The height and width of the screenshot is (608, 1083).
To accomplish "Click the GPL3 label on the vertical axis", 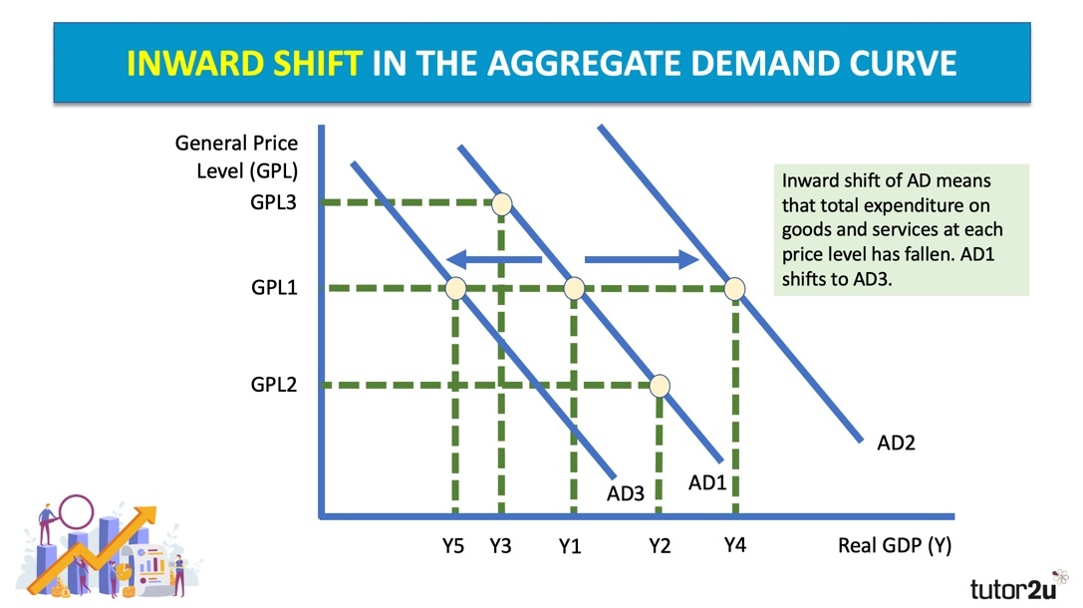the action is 274,202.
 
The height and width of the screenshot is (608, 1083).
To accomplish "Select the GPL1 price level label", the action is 274,287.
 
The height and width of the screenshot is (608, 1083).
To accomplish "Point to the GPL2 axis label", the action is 274,384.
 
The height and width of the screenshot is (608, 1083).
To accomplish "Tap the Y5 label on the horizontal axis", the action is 453,546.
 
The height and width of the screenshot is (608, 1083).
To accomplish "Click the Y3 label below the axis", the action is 500,546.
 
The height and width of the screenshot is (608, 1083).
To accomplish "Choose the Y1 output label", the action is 570,547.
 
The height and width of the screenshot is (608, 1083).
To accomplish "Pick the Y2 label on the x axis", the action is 660,546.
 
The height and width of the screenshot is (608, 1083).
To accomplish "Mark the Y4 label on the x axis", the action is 735,545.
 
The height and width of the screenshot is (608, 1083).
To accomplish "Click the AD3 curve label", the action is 625,493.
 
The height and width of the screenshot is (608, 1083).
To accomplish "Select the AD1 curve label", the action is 706,482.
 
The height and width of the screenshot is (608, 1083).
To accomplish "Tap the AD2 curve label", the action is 896,443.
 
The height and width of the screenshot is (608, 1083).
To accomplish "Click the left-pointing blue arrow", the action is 494,260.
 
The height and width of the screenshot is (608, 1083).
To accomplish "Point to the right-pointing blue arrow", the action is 642,260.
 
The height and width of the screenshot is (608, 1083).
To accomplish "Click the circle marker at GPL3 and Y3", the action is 501,203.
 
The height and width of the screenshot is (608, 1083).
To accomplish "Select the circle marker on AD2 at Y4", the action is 734,288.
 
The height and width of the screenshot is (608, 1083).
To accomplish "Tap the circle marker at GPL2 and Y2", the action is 660,386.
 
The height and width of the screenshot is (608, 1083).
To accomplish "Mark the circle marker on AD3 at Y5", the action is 455,288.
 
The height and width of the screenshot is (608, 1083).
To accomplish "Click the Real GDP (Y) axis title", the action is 895,546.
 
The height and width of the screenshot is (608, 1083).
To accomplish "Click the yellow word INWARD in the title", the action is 195,64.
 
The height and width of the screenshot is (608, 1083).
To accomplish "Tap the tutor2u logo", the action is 1018,586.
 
